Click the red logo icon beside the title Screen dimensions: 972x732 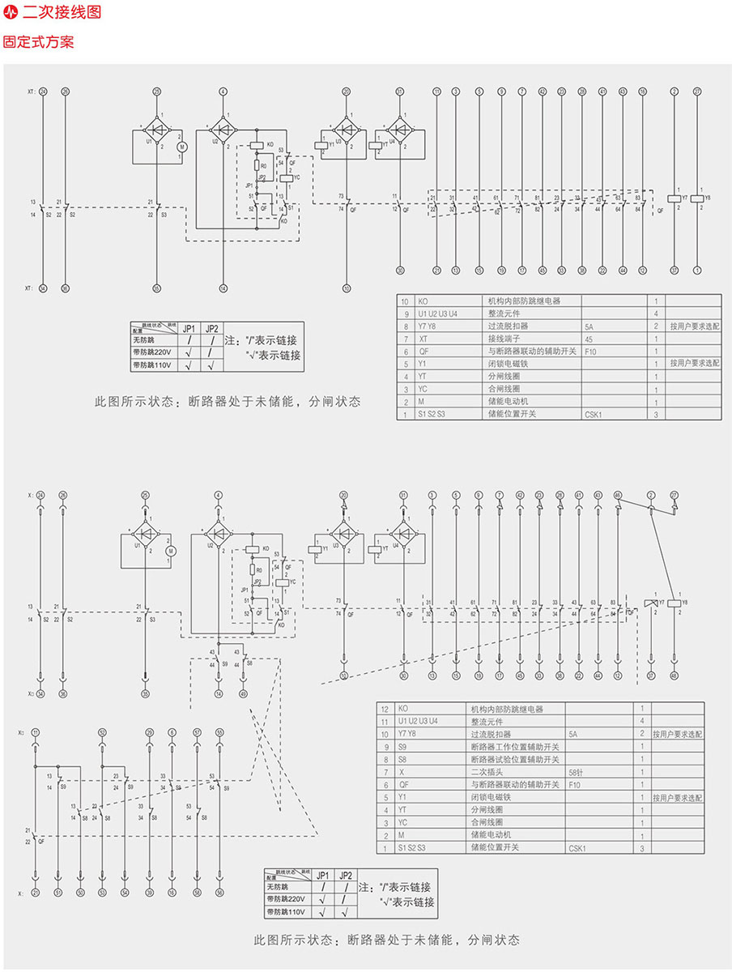coord(11,14)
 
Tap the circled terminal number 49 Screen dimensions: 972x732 coord(244,693)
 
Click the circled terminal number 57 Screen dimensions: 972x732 coord(197,731)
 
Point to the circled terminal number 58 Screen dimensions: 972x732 coord(197,892)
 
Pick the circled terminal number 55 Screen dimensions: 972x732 coord(219,731)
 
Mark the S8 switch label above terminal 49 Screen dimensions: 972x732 coord(249,663)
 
